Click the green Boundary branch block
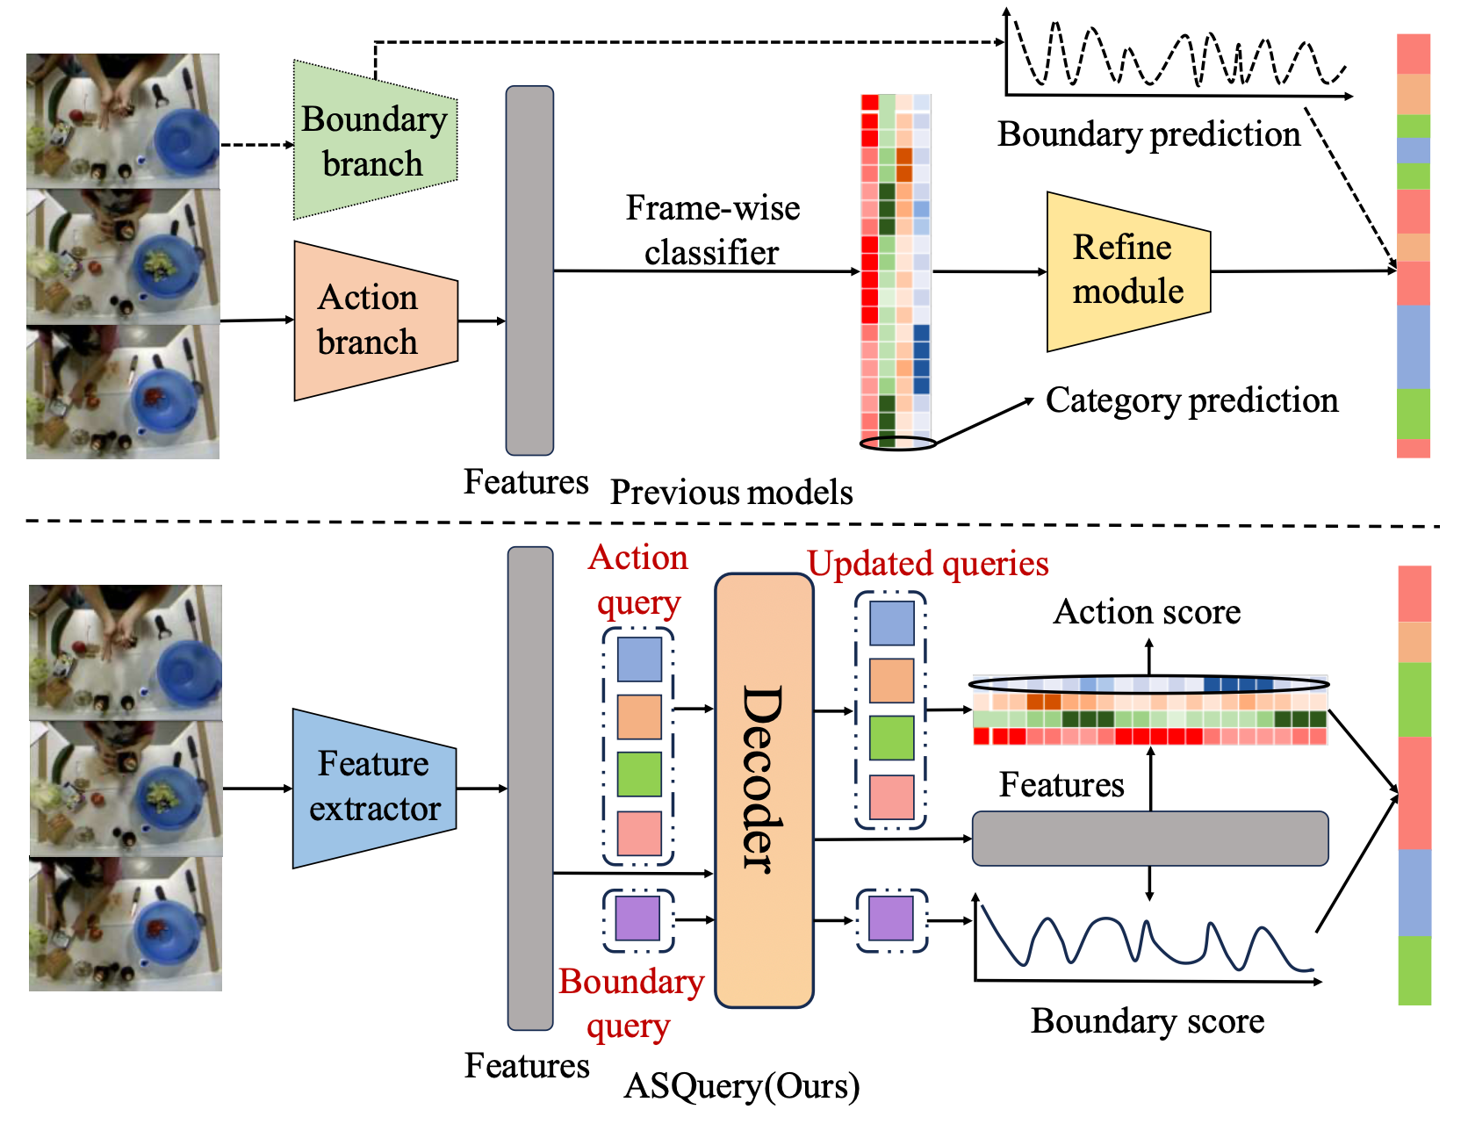tap(374, 140)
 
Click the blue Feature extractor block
tap(374, 787)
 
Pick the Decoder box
tap(763, 789)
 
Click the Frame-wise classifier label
tap(712, 230)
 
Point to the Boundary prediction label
tap(1148, 134)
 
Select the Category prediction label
tap(1191, 400)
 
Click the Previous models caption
tap(731, 493)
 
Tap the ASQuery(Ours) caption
tap(742, 1086)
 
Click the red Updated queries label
tap(928, 564)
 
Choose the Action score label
tap(1147, 612)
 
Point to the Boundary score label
tap(1147, 1021)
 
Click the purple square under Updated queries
tap(891, 919)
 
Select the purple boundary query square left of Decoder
tap(638, 919)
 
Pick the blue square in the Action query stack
tap(639, 659)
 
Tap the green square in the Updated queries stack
tap(891, 738)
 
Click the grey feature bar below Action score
tap(1149, 839)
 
